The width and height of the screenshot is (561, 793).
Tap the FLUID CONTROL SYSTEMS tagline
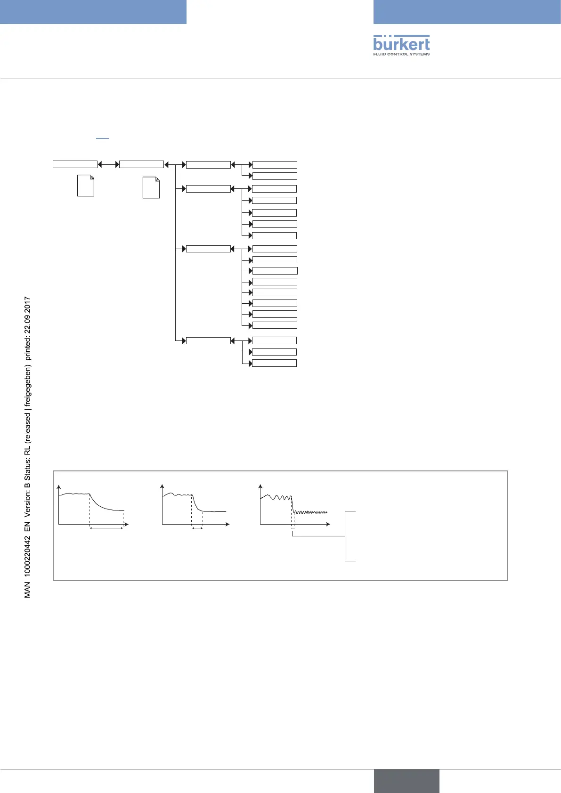[401, 54]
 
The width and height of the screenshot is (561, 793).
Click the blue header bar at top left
[93, 12]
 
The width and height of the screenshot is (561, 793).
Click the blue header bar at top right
[467, 12]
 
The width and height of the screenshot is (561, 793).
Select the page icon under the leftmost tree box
[85, 186]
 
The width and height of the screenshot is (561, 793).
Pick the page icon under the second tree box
[151, 187]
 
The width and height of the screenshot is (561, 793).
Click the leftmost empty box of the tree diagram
[75, 164]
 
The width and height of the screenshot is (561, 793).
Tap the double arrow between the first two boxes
[108, 164]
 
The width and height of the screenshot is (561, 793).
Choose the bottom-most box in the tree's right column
[274, 363]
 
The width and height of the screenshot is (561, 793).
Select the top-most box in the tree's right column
[275, 165]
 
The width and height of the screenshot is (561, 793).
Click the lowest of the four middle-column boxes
[208, 340]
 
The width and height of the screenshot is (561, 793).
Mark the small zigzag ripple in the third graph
[311, 512]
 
